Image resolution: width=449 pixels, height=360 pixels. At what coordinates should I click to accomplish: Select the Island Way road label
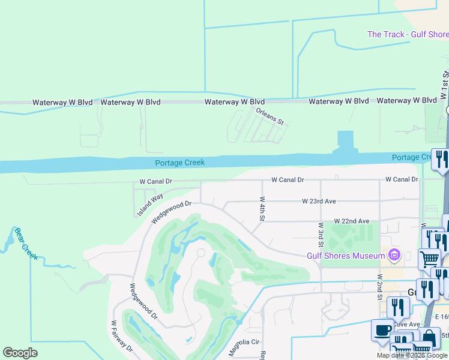coord(149,205)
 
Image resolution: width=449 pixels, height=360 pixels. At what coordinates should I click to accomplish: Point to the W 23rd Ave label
coord(319,202)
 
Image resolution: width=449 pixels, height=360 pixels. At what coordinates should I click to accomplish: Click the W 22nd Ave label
coord(352,221)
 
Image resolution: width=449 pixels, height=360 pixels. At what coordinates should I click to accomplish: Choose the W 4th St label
coord(262,208)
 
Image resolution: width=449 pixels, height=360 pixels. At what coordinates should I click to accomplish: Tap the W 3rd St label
coord(321,235)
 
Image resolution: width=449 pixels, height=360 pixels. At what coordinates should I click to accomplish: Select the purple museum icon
coord(394,256)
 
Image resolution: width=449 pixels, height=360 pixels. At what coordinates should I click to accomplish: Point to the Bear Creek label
coord(26,243)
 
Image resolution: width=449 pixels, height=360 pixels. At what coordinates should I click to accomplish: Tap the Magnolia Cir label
coord(244,347)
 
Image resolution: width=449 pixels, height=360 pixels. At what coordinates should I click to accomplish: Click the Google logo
coord(20,353)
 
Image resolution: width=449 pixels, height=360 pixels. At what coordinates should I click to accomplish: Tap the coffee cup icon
coord(381,331)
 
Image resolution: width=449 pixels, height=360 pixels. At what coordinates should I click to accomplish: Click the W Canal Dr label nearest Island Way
coord(155,181)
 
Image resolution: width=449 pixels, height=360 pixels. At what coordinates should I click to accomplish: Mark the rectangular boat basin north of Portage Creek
coord(346,140)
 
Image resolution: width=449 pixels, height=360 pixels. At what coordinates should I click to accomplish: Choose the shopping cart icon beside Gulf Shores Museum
coord(429,259)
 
